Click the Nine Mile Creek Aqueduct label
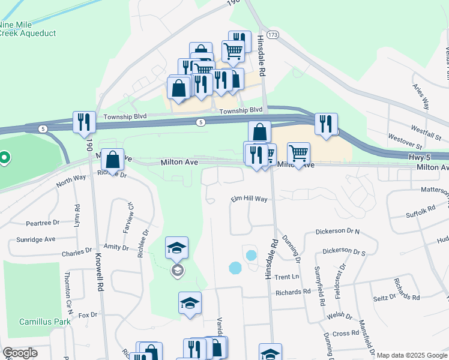(x=28, y=29)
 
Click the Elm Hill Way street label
(x=249, y=199)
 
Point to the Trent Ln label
(x=286, y=277)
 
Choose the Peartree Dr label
(x=43, y=223)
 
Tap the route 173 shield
(x=273, y=36)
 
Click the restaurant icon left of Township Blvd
(x=83, y=122)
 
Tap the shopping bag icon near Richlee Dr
(x=112, y=160)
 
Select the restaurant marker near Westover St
(x=326, y=124)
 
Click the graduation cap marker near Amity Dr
(x=177, y=248)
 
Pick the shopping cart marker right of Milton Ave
(x=298, y=154)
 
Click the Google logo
(x=20, y=353)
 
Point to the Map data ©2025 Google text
(x=411, y=355)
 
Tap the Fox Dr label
(x=88, y=314)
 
